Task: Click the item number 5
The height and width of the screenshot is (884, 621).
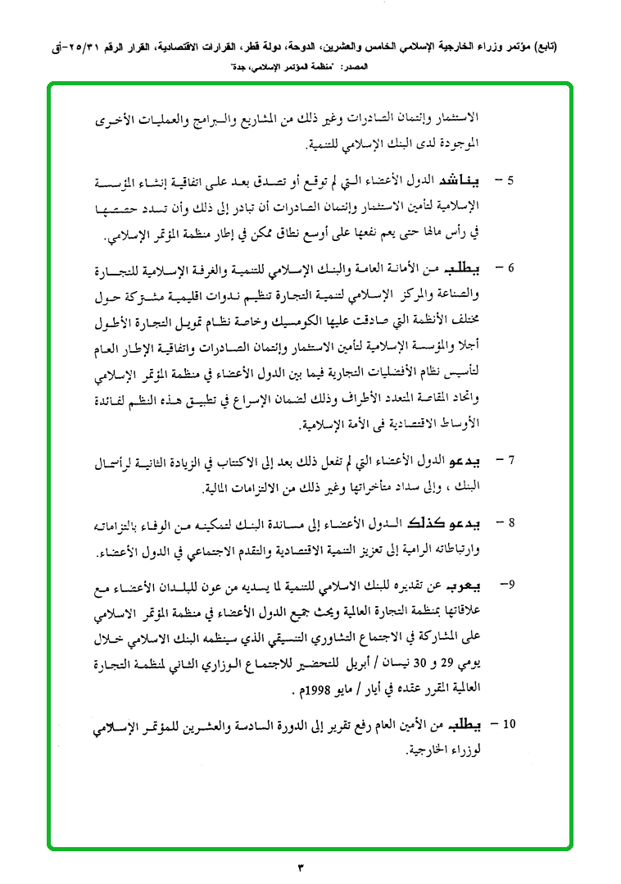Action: pos(509,179)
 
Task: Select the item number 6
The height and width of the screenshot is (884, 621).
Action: pos(509,268)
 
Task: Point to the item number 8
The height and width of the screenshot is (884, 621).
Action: pos(509,522)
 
